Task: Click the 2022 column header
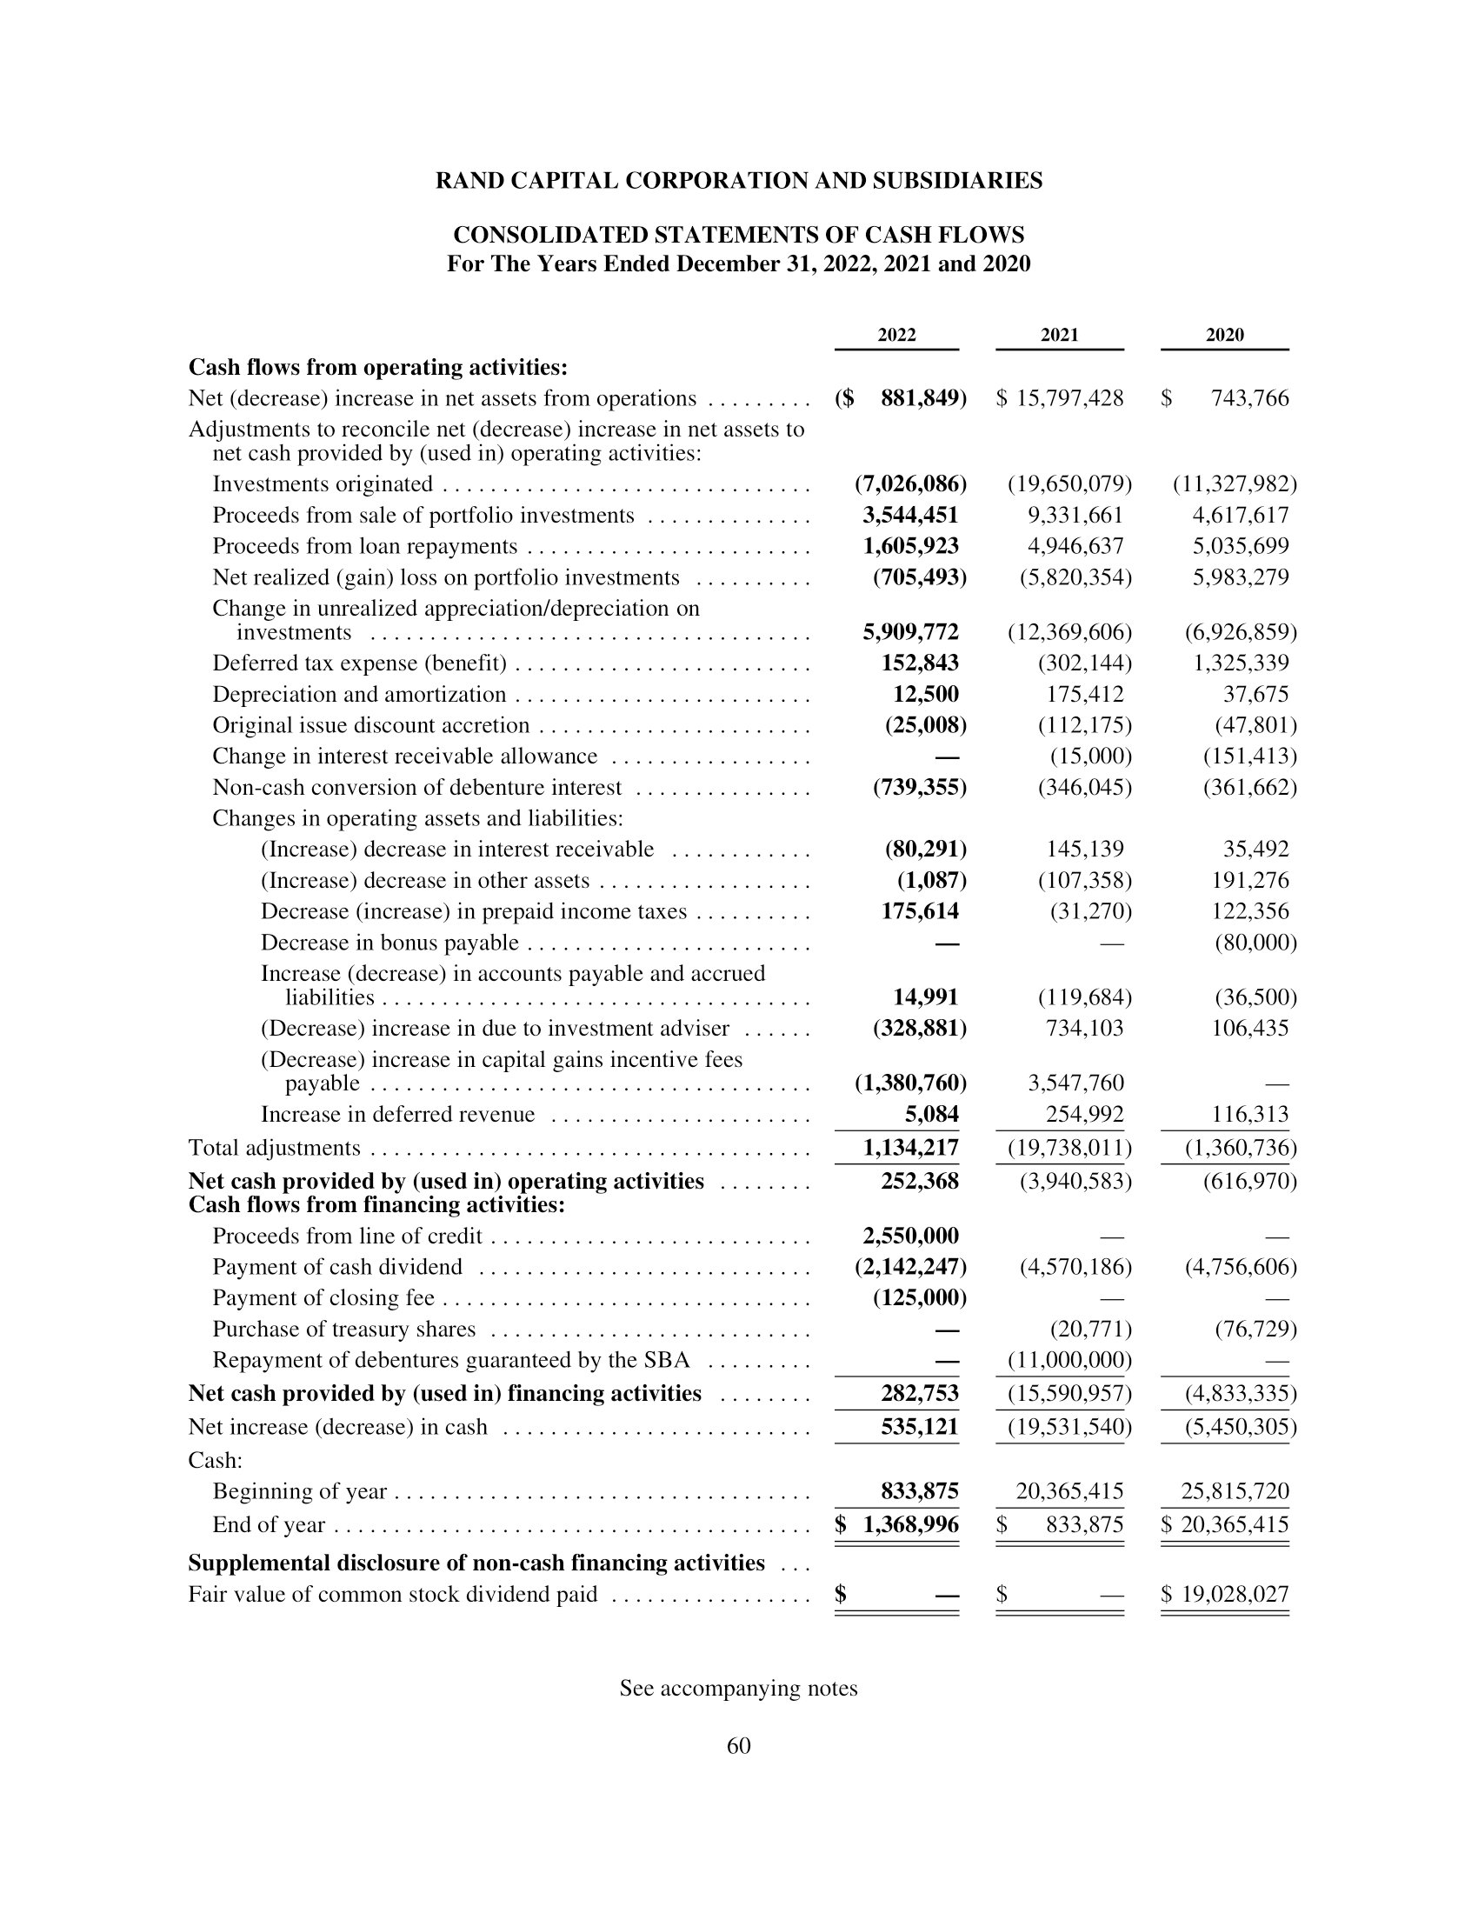[896, 335]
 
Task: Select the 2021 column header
[1060, 335]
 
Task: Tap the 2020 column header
[1224, 335]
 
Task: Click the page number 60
[738, 1746]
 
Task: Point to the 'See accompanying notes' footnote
[738, 1688]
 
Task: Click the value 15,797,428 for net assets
[1069, 398]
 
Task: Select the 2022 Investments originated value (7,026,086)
[909, 483]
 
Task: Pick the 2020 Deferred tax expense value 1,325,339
[1241, 663]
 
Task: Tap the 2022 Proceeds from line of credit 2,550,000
[909, 1236]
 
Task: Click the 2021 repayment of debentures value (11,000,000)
[1069, 1360]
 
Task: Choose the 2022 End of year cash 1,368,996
[910, 1524]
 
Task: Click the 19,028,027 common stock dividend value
[1235, 1594]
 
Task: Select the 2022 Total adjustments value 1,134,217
[910, 1148]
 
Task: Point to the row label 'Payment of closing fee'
[323, 1297]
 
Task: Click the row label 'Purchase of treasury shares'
[344, 1329]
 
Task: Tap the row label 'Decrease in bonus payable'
[389, 943]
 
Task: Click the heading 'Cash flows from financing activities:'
[376, 1205]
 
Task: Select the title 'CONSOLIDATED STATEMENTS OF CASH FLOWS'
[738, 235]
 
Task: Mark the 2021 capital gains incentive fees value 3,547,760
[1075, 1083]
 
